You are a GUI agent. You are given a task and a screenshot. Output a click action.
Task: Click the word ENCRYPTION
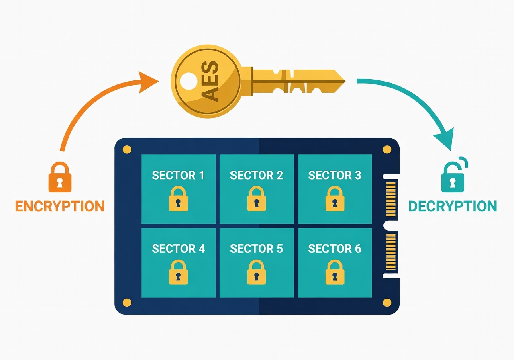click(x=59, y=206)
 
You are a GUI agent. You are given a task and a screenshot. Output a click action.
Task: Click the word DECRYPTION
click(x=453, y=206)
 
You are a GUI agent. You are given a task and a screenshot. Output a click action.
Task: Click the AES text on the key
click(x=209, y=82)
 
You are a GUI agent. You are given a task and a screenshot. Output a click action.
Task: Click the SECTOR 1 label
click(x=178, y=175)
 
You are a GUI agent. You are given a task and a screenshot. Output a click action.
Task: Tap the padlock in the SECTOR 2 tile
click(x=257, y=198)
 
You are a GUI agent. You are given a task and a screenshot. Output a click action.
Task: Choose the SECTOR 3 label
click(x=335, y=175)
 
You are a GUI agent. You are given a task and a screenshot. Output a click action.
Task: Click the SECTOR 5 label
click(x=257, y=249)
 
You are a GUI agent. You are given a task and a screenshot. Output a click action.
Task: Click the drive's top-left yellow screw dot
click(x=127, y=150)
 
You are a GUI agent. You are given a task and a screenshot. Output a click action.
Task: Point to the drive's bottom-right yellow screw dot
click(x=387, y=302)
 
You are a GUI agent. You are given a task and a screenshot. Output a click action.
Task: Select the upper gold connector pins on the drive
click(x=391, y=198)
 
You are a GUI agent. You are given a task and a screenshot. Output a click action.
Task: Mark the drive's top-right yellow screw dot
click(x=387, y=150)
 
